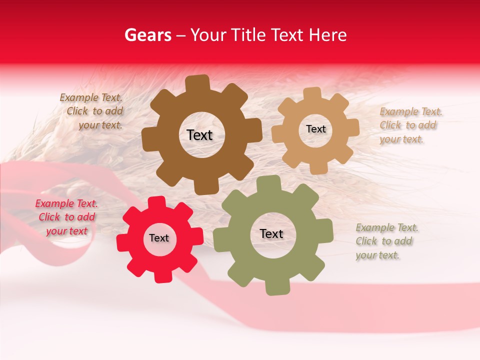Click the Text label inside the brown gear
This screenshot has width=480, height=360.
199,135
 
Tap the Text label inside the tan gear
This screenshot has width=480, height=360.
315,129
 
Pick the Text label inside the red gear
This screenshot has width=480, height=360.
159,238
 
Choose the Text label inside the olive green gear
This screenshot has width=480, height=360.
271,234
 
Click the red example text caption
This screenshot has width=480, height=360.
66,217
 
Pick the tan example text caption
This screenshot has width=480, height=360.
410,125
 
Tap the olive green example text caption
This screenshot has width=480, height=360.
387,241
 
